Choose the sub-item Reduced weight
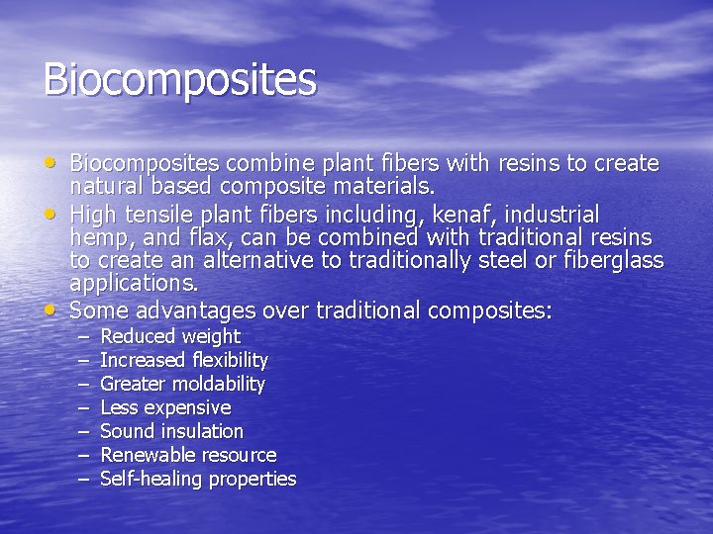point(170,336)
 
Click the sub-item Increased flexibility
point(184,360)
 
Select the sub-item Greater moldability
point(183,384)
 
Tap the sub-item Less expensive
point(165,407)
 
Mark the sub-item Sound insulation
point(171,431)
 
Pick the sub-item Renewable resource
point(188,455)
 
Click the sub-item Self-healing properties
point(198,479)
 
